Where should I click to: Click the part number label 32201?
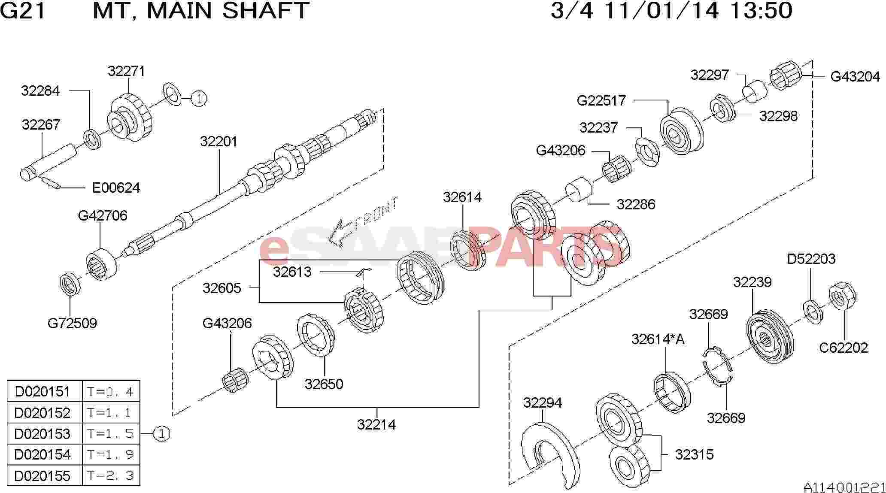218,142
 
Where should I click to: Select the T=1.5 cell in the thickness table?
111,434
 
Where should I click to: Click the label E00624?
116,188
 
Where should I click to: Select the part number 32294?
543,403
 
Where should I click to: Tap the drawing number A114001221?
844,487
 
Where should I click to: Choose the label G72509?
72,323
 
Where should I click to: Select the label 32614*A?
658,339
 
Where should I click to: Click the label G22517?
601,100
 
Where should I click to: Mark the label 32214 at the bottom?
376,424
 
